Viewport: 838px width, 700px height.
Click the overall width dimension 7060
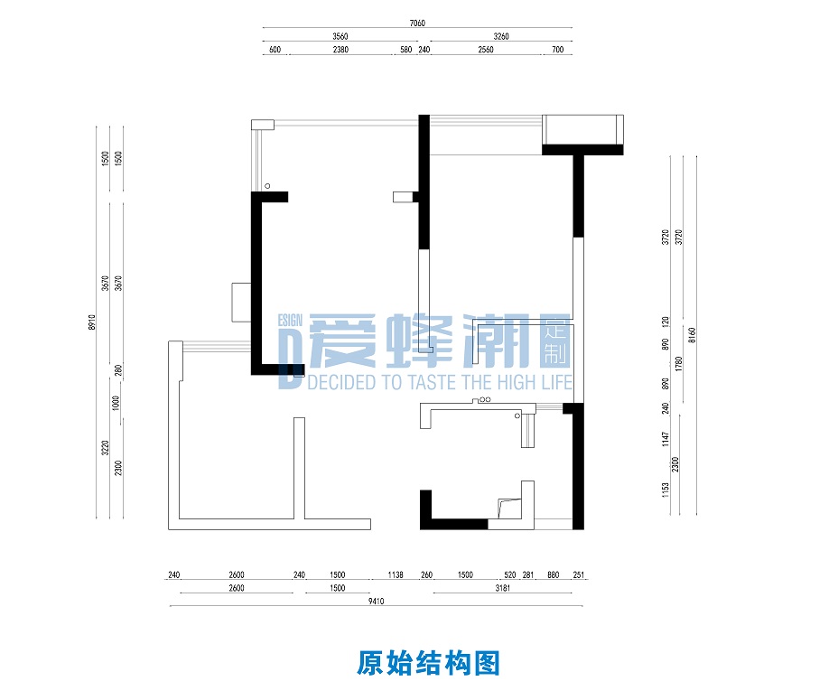[417, 23]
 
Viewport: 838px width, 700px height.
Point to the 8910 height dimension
[92, 322]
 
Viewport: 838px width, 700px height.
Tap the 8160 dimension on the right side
[692, 337]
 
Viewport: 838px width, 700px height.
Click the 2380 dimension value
[340, 50]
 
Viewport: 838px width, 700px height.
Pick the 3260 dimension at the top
[501, 36]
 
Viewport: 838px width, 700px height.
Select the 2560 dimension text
[486, 50]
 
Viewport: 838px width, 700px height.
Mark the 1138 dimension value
[395, 574]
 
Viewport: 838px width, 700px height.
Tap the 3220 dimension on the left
[106, 448]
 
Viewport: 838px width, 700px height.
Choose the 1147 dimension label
[665, 439]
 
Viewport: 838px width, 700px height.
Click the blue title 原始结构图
[428, 664]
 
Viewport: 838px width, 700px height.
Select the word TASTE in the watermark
[431, 383]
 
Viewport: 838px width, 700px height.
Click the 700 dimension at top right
[557, 50]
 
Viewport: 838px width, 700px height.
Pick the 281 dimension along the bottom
[529, 574]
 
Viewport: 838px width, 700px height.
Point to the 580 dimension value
[405, 50]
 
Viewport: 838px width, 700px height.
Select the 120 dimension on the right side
[665, 321]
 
